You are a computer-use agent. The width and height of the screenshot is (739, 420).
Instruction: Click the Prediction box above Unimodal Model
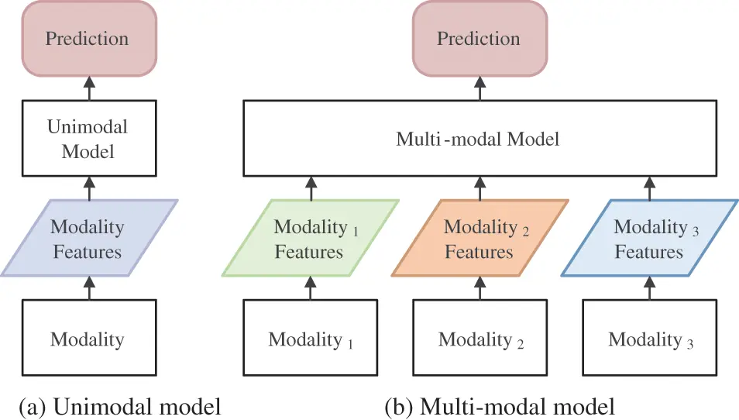(87, 39)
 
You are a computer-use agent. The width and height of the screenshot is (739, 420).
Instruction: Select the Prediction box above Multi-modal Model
(478, 39)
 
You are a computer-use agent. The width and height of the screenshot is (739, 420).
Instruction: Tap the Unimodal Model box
(87, 138)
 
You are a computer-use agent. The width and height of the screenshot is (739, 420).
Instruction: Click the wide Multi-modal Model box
(478, 139)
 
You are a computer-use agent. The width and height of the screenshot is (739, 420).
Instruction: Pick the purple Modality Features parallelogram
(87, 239)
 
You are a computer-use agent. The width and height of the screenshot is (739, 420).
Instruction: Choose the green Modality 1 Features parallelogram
(311, 239)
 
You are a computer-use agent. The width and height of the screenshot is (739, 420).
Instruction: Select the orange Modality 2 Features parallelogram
(479, 239)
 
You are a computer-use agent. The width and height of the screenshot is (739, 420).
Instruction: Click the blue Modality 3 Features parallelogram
(649, 239)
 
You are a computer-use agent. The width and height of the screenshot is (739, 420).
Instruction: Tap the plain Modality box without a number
(87, 339)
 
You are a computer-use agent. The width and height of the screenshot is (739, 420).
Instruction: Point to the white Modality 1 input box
(311, 339)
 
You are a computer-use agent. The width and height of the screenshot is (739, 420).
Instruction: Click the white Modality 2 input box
(479, 339)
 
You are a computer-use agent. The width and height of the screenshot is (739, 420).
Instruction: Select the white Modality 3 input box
(649, 339)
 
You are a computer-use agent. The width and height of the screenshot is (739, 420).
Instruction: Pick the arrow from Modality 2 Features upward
(479, 188)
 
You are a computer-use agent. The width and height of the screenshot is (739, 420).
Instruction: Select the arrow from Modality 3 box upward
(650, 288)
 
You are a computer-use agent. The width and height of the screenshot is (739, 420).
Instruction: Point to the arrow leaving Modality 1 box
(311, 288)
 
